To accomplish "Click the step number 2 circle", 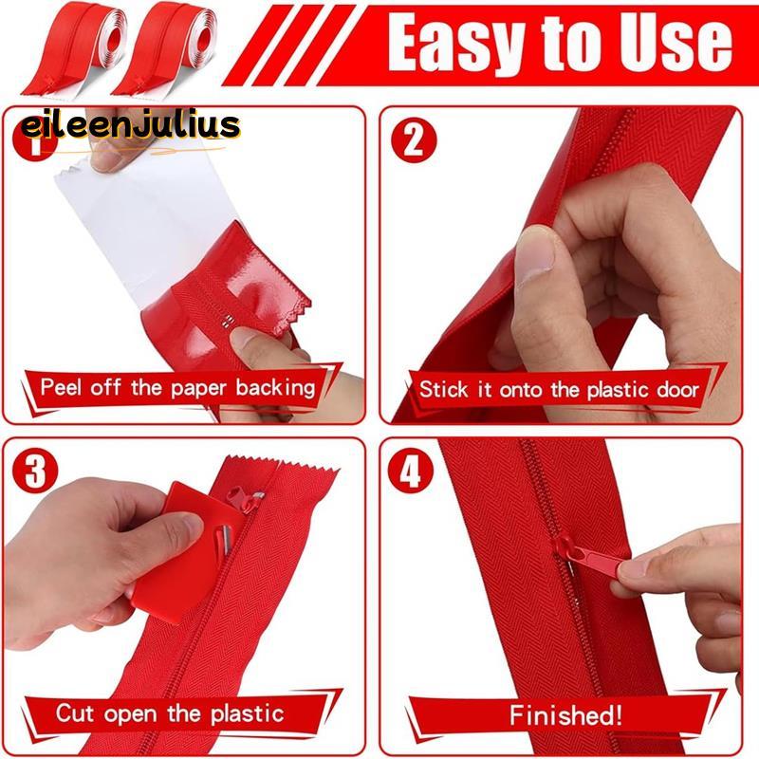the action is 414,139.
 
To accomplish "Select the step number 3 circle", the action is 35,471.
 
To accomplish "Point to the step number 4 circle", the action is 411,471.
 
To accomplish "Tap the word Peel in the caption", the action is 61,387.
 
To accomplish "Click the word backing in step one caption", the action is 275,388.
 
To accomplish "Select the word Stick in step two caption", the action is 443,389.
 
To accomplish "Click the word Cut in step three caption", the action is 75,713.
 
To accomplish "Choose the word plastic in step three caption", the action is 247,714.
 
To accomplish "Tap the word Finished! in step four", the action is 565,714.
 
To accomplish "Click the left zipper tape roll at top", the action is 73,48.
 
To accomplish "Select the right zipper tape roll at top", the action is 163,48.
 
